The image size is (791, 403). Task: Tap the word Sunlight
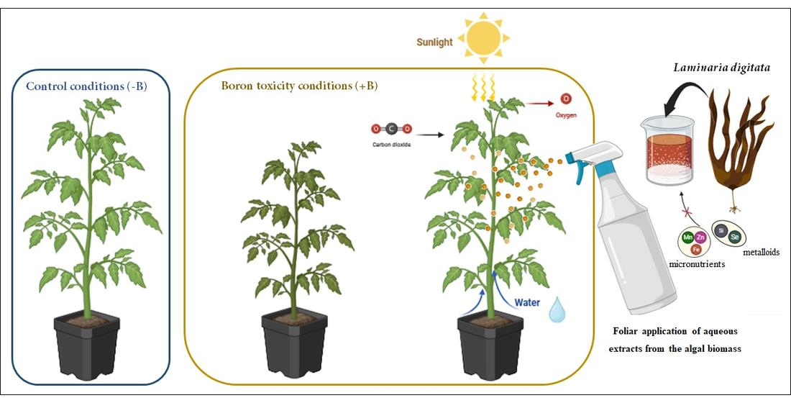(x=435, y=42)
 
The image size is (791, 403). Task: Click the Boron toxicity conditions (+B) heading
(x=299, y=86)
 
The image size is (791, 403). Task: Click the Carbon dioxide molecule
(x=390, y=130)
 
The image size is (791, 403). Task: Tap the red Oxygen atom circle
(x=566, y=99)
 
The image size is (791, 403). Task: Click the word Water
(x=526, y=302)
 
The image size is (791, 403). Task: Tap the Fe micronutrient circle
(x=695, y=249)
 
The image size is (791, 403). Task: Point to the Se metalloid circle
(x=735, y=235)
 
